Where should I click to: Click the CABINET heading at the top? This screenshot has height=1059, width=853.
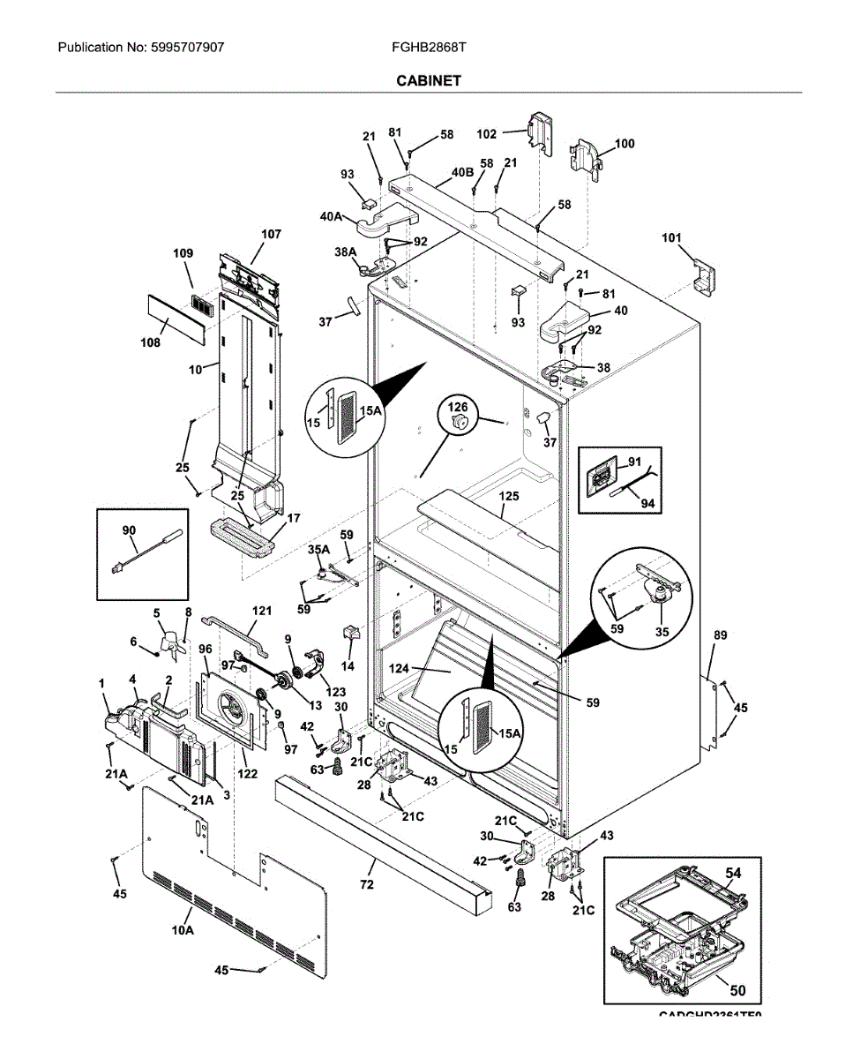click(x=428, y=80)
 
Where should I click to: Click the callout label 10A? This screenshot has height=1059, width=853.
click(x=183, y=930)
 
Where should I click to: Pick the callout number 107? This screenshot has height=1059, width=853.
click(x=271, y=235)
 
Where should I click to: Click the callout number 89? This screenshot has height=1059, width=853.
click(x=720, y=635)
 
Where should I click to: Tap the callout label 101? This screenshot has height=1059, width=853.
click(x=672, y=237)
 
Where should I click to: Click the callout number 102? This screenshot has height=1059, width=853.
click(x=488, y=134)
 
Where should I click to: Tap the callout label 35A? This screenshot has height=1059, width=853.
click(x=318, y=551)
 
